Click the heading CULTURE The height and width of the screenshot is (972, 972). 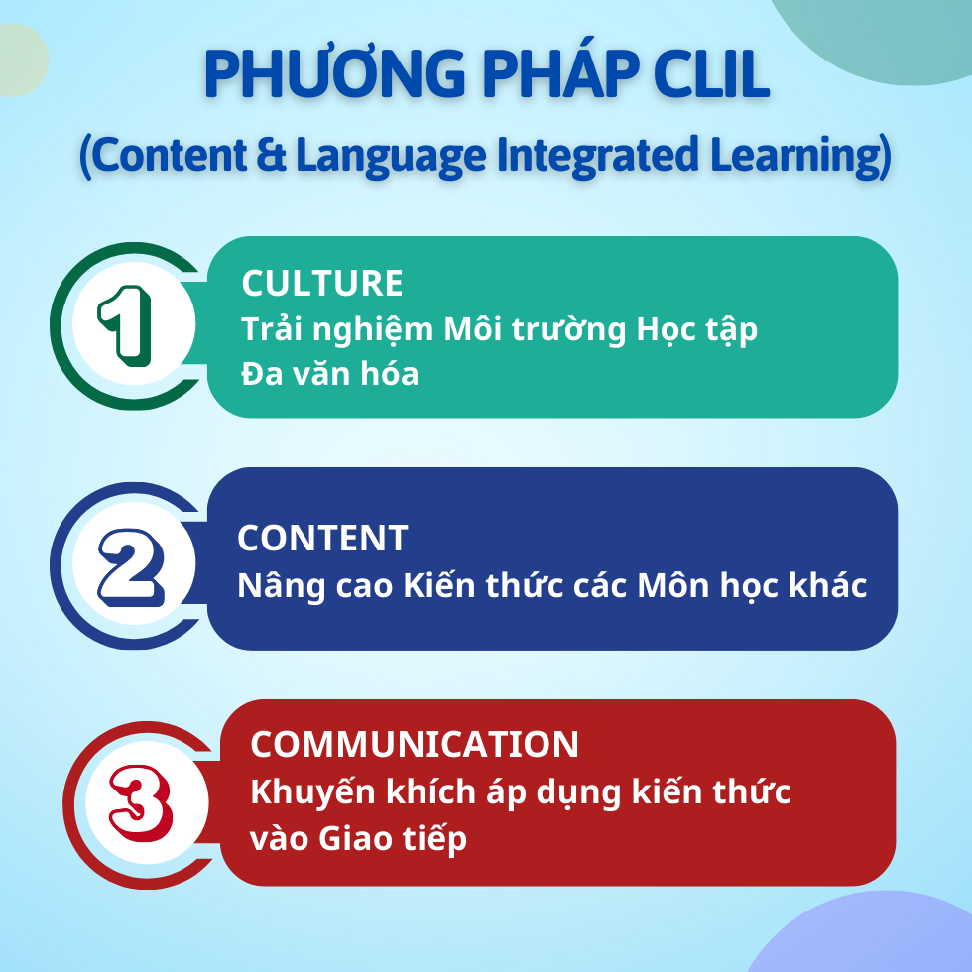322,284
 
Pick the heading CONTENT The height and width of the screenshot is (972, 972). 322,538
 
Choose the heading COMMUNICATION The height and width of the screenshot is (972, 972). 415,744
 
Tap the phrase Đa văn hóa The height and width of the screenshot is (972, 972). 329,375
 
